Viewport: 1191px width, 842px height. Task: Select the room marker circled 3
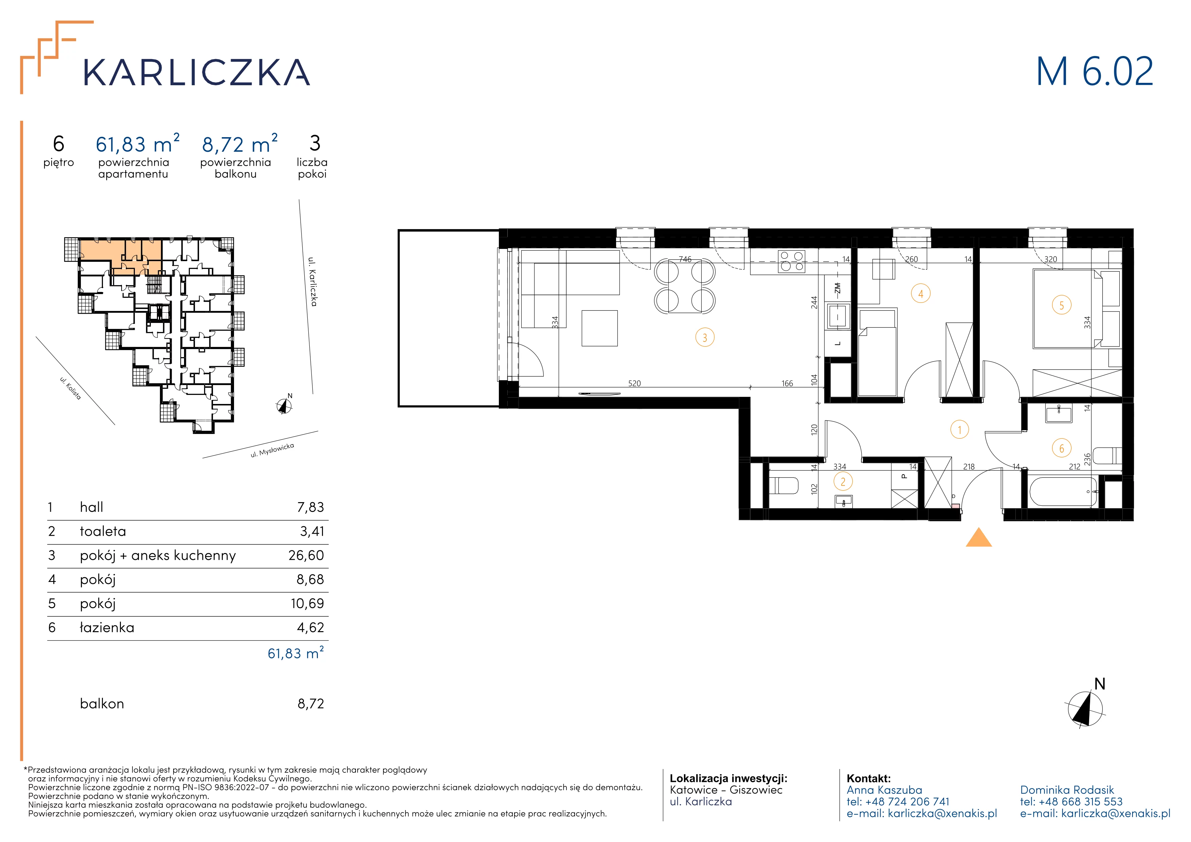pos(704,337)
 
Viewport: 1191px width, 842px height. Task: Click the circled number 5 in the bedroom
pos(1061,305)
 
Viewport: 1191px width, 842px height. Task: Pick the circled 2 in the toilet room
pos(843,482)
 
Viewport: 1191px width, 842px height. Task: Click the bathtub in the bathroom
pos(1063,492)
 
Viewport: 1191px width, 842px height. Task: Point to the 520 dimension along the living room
pos(634,384)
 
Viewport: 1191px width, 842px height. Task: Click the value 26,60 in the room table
pos(306,555)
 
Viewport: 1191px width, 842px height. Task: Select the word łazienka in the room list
pos(107,627)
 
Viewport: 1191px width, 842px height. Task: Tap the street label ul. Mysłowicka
pos(272,450)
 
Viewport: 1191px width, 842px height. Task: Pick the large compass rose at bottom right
pos(1085,708)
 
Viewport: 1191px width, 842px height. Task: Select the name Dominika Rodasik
pos(1066,790)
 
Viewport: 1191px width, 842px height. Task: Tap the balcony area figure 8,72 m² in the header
pos(240,144)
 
